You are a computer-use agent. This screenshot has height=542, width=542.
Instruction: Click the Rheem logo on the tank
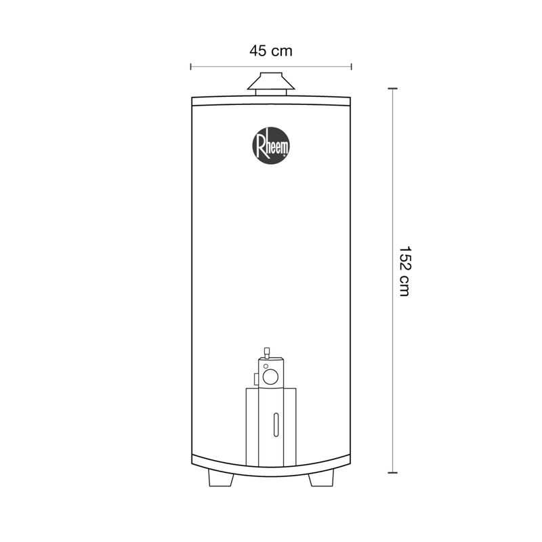coord(271,146)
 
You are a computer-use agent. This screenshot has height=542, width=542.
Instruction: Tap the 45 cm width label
coord(271,51)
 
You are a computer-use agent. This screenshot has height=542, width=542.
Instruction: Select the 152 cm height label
coord(404,272)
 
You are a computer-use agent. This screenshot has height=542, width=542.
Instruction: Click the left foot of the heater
coord(222,479)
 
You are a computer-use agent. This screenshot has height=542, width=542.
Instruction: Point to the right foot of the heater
coord(321,479)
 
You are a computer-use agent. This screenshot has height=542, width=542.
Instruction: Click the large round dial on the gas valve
coord(270,377)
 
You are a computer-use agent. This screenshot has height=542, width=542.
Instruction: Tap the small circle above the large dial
coord(266,366)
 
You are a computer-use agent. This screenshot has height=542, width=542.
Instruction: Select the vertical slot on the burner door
coord(276,425)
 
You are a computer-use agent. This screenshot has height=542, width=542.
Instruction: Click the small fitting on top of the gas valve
coord(266,353)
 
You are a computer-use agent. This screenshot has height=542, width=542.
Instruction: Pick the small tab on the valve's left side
coord(256,379)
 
